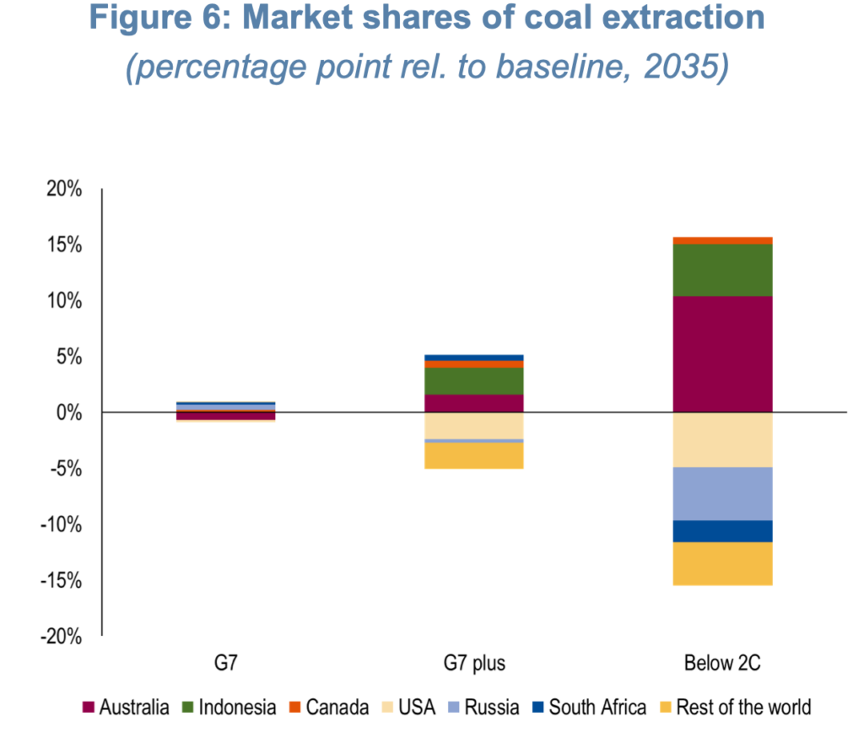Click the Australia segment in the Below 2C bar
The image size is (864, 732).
point(721,354)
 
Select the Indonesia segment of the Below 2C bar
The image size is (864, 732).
point(721,270)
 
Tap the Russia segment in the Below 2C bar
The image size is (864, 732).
point(721,493)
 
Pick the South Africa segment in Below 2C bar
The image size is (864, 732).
point(721,531)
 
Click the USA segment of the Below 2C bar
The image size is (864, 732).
point(721,439)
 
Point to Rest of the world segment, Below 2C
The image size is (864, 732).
point(721,563)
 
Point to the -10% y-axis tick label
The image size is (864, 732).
point(61,525)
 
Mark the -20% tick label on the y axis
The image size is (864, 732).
point(61,637)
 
